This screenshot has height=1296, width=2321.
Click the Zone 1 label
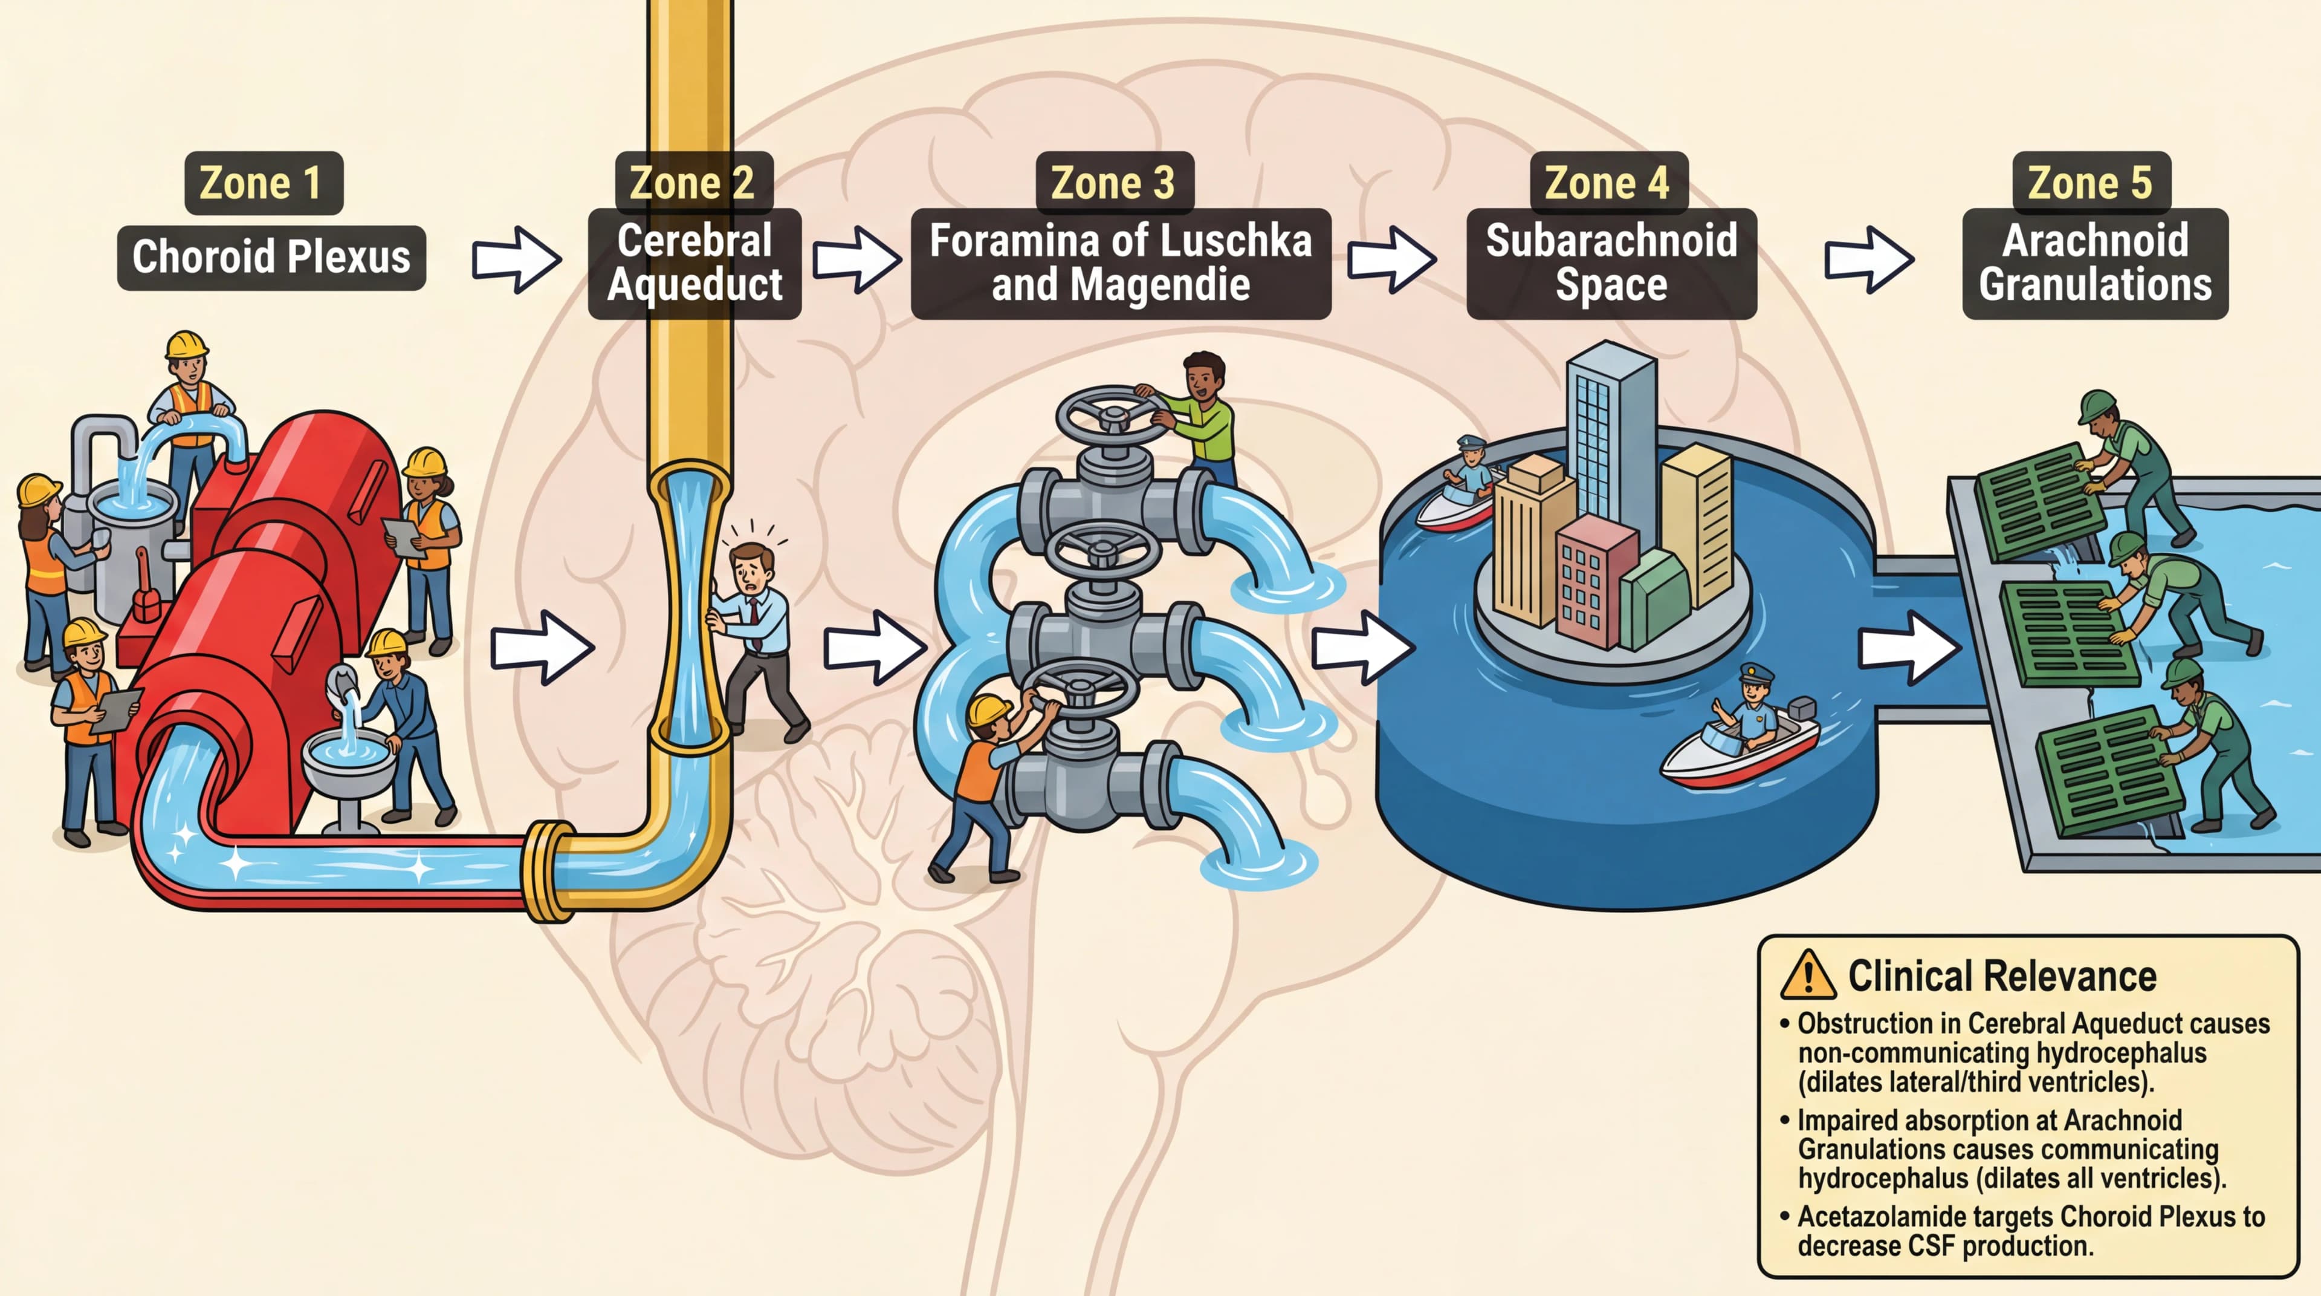click(x=263, y=183)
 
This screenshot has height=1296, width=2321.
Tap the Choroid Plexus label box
click(x=271, y=258)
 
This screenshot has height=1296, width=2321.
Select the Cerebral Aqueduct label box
click(x=694, y=263)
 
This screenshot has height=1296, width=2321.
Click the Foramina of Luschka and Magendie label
click(x=1120, y=263)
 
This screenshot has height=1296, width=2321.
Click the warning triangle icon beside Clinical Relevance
click(x=1807, y=976)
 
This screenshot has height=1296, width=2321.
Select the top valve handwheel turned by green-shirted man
click(x=1113, y=417)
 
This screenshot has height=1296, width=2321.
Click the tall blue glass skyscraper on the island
click(x=1611, y=432)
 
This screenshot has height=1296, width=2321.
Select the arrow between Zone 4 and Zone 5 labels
click(x=1868, y=259)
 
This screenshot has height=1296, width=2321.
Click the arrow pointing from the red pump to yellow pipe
click(x=542, y=647)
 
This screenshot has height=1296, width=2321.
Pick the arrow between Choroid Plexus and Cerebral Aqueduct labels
click(x=516, y=259)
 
